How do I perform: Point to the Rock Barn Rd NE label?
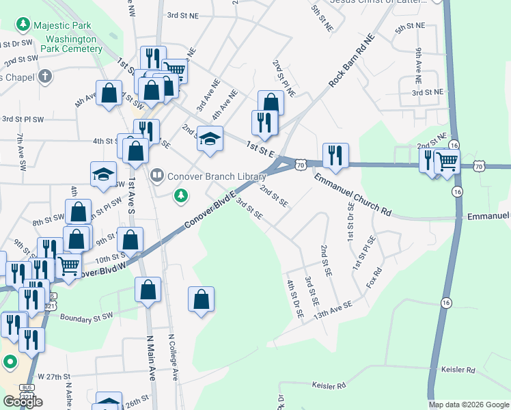(x=353, y=60)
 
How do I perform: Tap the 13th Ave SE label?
(x=333, y=311)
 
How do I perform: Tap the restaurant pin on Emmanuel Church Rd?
(x=335, y=156)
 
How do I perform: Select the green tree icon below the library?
(x=180, y=197)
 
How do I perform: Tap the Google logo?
(x=23, y=402)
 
